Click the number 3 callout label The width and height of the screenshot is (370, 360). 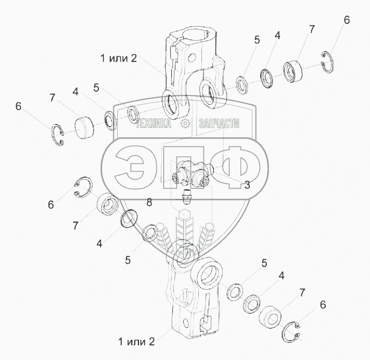click(247, 185)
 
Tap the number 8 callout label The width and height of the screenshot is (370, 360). click(149, 202)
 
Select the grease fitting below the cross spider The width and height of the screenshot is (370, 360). click(186, 196)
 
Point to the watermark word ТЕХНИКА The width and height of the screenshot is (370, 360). click(154, 123)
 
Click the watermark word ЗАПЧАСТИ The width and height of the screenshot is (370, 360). click(219, 123)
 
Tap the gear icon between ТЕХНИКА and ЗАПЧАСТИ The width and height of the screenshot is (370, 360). click(185, 123)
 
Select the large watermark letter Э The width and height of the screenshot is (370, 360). click(130, 167)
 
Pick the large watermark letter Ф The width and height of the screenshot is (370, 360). click(236, 167)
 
